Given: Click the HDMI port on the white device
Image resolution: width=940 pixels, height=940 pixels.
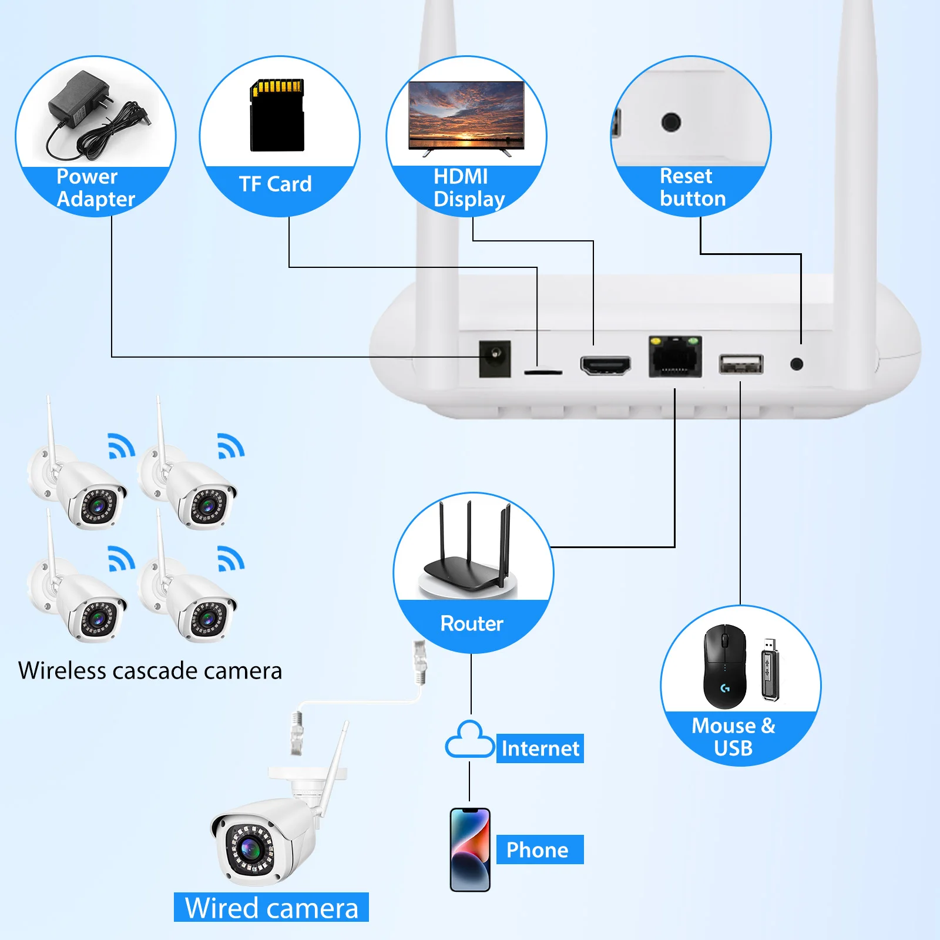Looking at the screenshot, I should (605, 365).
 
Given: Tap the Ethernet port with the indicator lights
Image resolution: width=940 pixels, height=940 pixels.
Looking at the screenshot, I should (675, 357).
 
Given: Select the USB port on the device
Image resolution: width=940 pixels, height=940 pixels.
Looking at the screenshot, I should (741, 364).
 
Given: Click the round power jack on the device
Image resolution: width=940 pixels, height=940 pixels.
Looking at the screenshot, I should (495, 358).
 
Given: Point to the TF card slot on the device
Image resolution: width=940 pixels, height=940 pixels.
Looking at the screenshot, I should (543, 372).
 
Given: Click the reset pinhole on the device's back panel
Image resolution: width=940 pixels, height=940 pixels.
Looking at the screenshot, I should (797, 364).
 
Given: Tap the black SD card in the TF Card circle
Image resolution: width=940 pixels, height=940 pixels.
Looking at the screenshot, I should (277, 116).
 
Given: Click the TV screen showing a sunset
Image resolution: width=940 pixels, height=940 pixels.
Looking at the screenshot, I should (466, 114).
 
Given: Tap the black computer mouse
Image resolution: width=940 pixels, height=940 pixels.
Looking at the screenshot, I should (725, 667).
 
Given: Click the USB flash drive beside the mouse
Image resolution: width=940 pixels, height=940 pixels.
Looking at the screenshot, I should (770, 670).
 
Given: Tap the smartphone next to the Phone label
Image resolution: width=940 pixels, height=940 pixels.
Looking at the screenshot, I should (470, 850).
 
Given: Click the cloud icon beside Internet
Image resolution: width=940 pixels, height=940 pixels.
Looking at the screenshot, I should (469, 741).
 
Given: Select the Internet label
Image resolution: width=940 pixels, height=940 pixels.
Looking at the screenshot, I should (540, 748).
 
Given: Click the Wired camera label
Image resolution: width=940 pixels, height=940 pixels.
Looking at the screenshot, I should (271, 908).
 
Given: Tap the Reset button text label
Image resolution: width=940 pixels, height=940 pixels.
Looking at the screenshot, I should (691, 187).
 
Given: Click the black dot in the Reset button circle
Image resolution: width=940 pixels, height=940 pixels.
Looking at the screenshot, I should (671, 122).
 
